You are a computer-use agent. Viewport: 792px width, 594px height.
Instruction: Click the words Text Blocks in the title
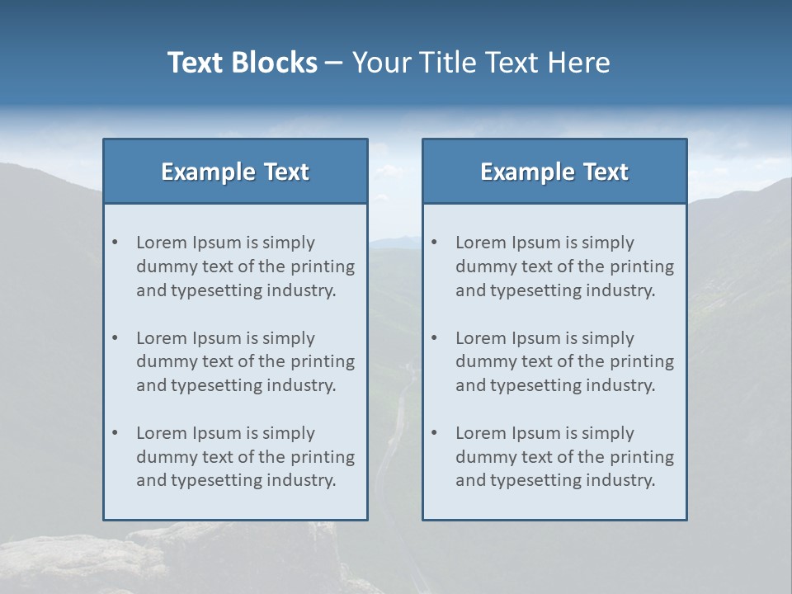pyautogui.click(x=242, y=63)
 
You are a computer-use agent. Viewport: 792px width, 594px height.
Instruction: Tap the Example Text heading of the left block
pyautogui.click(x=235, y=172)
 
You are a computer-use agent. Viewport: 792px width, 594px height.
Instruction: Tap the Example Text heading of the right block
pyautogui.click(x=554, y=172)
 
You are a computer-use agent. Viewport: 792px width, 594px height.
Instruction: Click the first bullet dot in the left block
pyautogui.click(x=115, y=243)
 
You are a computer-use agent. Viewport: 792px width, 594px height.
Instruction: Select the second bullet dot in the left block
pyautogui.click(x=115, y=338)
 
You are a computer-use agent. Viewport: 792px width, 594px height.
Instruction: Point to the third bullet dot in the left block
pyautogui.click(x=115, y=433)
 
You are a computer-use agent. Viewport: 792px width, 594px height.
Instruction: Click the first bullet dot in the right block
pyautogui.click(x=435, y=243)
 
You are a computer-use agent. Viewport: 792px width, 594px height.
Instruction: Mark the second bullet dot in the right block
pyautogui.click(x=435, y=338)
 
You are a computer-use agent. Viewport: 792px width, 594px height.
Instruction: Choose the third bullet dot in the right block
pyautogui.click(x=435, y=433)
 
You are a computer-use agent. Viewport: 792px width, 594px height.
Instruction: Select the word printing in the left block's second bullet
pyautogui.click(x=323, y=361)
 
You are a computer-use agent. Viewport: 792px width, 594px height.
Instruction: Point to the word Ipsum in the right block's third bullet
pyautogui.click(x=537, y=433)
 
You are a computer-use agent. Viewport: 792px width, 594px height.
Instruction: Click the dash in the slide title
pyautogui.click(x=334, y=63)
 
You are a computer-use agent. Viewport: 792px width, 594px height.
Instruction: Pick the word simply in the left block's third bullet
pyautogui.click(x=287, y=433)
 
